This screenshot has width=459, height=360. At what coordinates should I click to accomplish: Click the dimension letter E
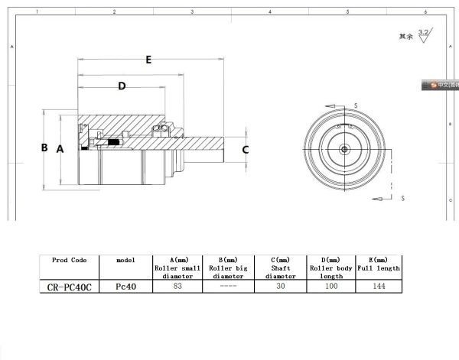click(x=148, y=60)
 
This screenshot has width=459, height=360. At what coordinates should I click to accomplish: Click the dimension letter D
click(x=121, y=87)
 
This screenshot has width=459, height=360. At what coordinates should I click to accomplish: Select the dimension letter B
click(x=44, y=148)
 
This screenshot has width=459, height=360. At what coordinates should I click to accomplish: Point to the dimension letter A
click(x=60, y=149)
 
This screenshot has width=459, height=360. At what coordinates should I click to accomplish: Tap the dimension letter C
click(x=245, y=150)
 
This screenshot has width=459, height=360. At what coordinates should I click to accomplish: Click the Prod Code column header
click(x=70, y=260)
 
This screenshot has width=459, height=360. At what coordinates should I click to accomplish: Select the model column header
click(x=125, y=260)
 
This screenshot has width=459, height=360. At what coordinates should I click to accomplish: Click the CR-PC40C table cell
click(x=69, y=287)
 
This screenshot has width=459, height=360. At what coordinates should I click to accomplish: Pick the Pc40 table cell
click(x=125, y=287)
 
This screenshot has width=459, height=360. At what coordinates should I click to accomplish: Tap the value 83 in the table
click(x=177, y=287)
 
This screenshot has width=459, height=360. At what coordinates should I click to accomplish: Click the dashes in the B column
click(x=229, y=287)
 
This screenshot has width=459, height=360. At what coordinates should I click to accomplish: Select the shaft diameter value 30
click(x=281, y=287)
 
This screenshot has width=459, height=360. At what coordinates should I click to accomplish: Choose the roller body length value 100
click(x=331, y=287)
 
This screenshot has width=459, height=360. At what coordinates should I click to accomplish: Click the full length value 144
click(x=378, y=287)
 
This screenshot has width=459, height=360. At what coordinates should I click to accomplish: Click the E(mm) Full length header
click(x=378, y=264)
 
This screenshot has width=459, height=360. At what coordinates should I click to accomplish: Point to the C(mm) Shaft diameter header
click(x=281, y=268)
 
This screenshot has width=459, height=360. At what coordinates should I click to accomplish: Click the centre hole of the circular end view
click(x=346, y=148)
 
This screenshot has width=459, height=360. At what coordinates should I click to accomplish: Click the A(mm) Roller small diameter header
click(x=177, y=268)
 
